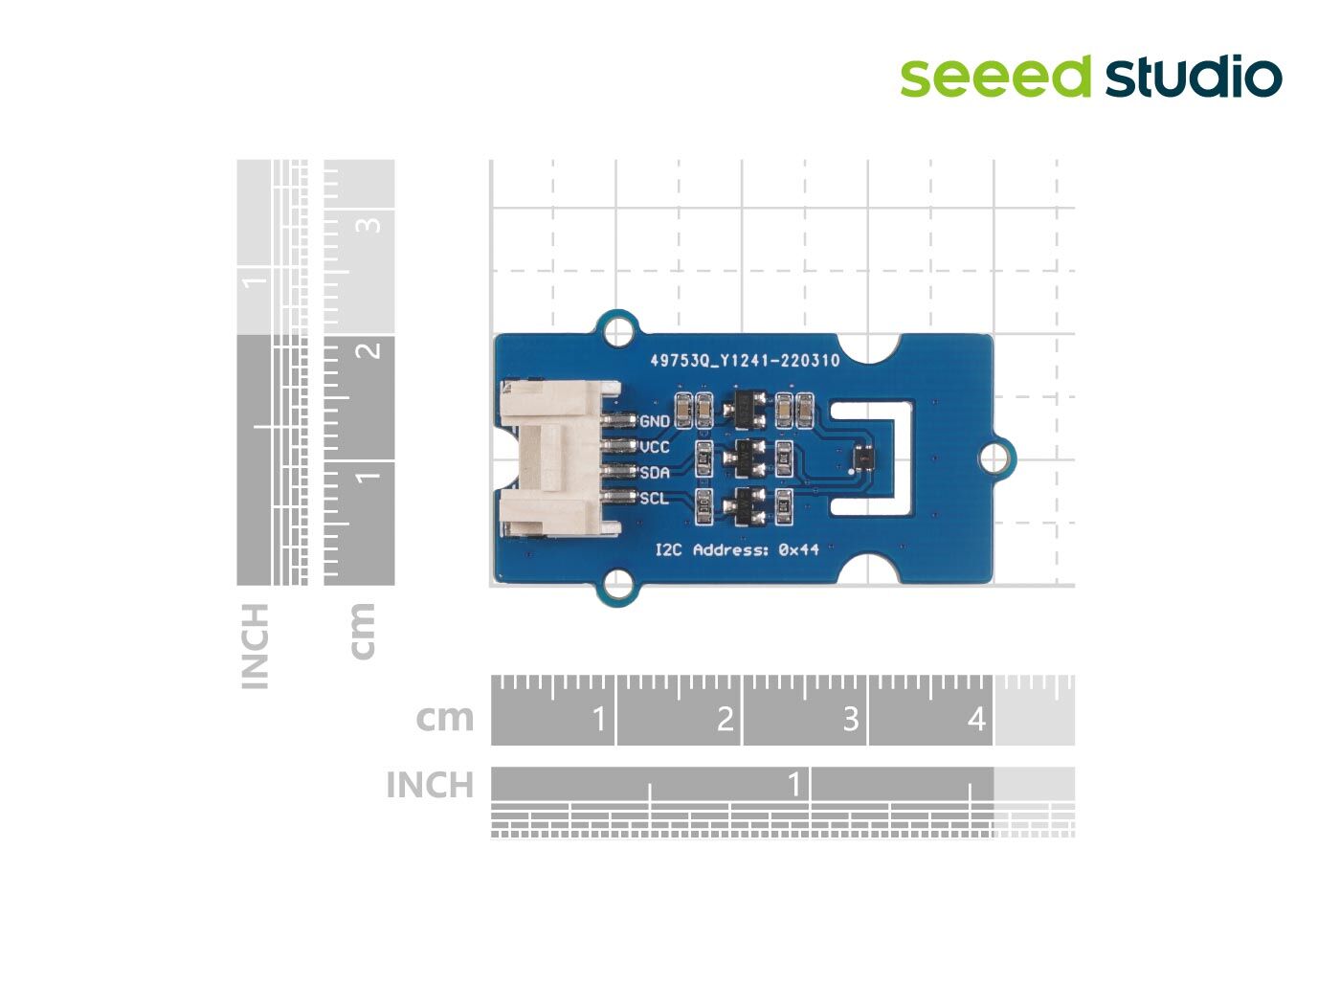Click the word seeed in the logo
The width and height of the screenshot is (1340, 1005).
click(995, 77)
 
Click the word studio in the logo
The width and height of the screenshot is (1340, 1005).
click(1194, 77)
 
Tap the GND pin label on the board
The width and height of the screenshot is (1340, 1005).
click(655, 421)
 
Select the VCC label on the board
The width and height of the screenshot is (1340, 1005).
click(655, 447)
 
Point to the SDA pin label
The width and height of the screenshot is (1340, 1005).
click(655, 473)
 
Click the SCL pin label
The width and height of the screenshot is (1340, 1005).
click(655, 498)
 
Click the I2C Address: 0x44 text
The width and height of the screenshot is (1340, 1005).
click(736, 549)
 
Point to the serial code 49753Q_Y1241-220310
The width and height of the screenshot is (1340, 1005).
click(745, 361)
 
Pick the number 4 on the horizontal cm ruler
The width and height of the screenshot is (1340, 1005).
click(976, 719)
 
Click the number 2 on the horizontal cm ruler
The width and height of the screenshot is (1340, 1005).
click(725, 719)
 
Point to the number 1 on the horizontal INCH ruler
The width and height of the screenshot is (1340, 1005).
click(793, 785)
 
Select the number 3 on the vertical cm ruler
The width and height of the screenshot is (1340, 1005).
click(370, 224)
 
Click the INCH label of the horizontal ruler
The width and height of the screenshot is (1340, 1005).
click(430, 785)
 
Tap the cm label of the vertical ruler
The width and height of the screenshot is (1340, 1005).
click(363, 630)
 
